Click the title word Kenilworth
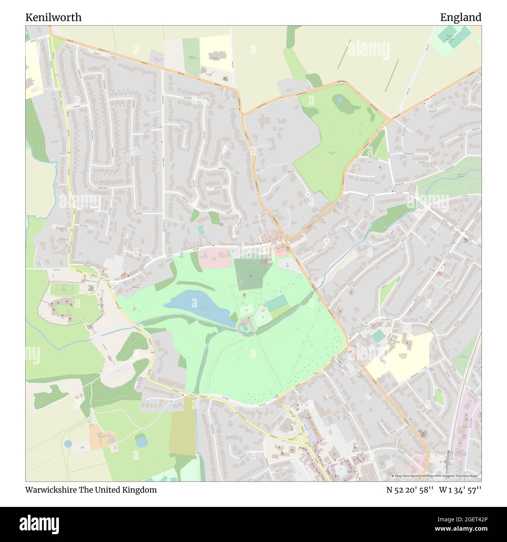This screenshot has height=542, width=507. pyautogui.click(x=53, y=18)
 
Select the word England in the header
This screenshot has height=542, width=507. pyautogui.click(x=460, y=18)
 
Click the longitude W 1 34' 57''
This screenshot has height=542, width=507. pyautogui.click(x=460, y=490)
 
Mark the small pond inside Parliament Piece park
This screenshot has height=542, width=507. pyautogui.click(x=339, y=100)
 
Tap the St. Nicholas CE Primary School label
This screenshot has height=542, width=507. pyautogui.click(x=402, y=356)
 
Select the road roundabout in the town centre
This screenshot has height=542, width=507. pyautogui.click(x=302, y=439)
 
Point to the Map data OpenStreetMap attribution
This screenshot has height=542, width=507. pyautogui.click(x=436, y=476)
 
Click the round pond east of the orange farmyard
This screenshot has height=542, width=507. pyautogui.click(x=141, y=441)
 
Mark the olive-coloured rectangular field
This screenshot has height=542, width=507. pyautogui.click(x=183, y=427)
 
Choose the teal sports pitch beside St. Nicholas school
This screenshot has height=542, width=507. pyautogui.click(x=378, y=336)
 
